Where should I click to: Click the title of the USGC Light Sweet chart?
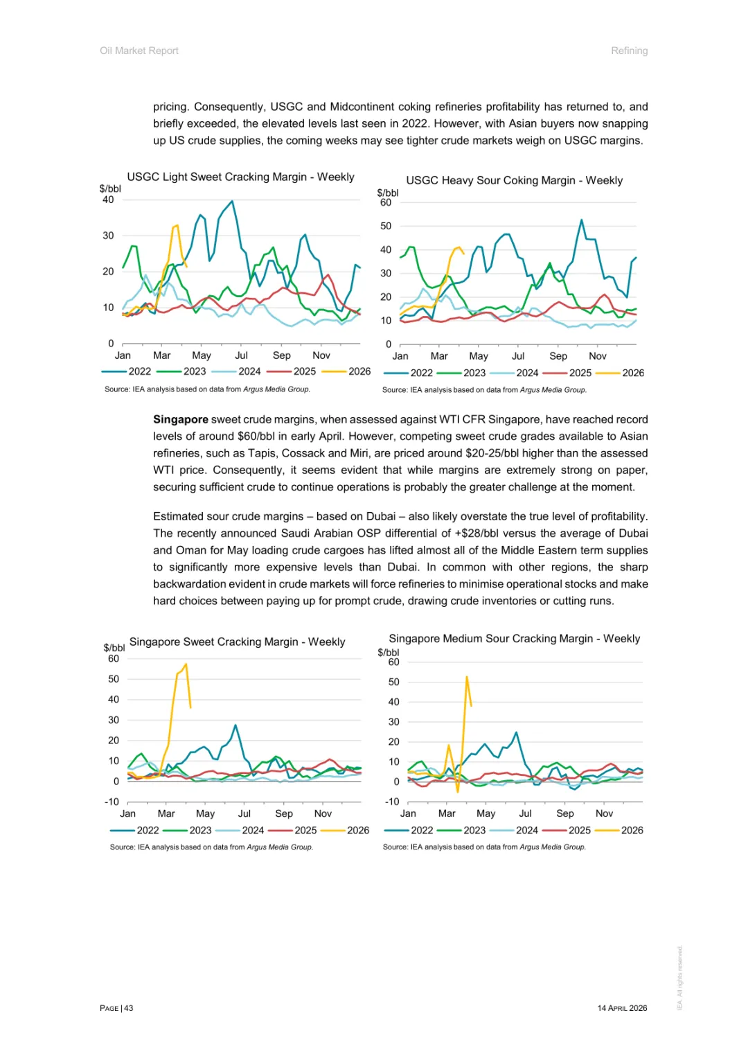pyautogui.click(x=240, y=177)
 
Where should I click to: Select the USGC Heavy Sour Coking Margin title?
pyautogui.click(x=514, y=181)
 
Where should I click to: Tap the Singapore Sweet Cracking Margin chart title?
pyautogui.click(x=237, y=642)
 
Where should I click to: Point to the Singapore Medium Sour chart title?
pyautogui.click(x=514, y=639)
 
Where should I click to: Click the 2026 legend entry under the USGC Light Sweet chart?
pyautogui.click(x=359, y=372)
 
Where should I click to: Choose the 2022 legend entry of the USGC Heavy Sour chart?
pyautogui.click(x=421, y=373)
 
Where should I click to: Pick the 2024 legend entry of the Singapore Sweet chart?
pyautogui.click(x=252, y=831)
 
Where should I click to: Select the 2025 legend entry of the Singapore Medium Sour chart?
pyautogui.click(x=579, y=831)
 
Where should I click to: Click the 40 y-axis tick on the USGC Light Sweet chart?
pyautogui.click(x=108, y=200)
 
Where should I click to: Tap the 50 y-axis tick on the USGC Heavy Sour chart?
pyautogui.click(x=386, y=227)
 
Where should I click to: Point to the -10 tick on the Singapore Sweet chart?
pyautogui.click(x=112, y=802)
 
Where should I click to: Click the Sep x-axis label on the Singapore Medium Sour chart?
pyautogui.click(x=564, y=814)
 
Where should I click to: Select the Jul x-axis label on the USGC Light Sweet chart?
pyautogui.click(x=241, y=356)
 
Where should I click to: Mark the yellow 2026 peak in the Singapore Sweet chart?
pyautogui.click(x=186, y=665)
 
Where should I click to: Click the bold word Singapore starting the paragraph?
pyautogui.click(x=181, y=420)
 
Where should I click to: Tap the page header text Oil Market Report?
pyautogui.click(x=139, y=51)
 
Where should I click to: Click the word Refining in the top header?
pyautogui.click(x=629, y=51)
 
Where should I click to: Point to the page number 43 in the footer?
pyautogui.click(x=129, y=1009)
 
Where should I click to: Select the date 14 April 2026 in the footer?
pyautogui.click(x=622, y=1009)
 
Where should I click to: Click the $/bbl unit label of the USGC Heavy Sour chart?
pyautogui.click(x=387, y=193)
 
